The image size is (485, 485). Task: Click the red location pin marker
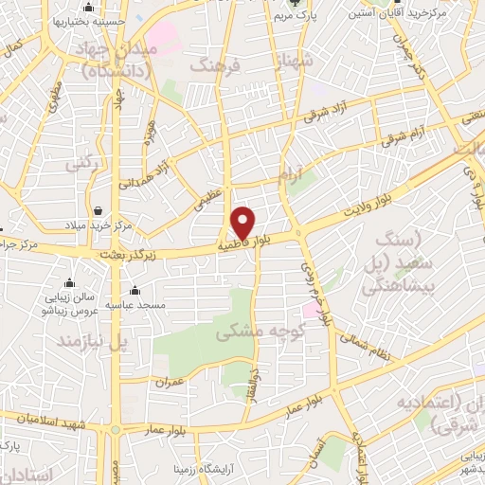pyautogui.click(x=243, y=223)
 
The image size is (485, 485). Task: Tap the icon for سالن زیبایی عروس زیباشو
pyautogui.click(x=69, y=283)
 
